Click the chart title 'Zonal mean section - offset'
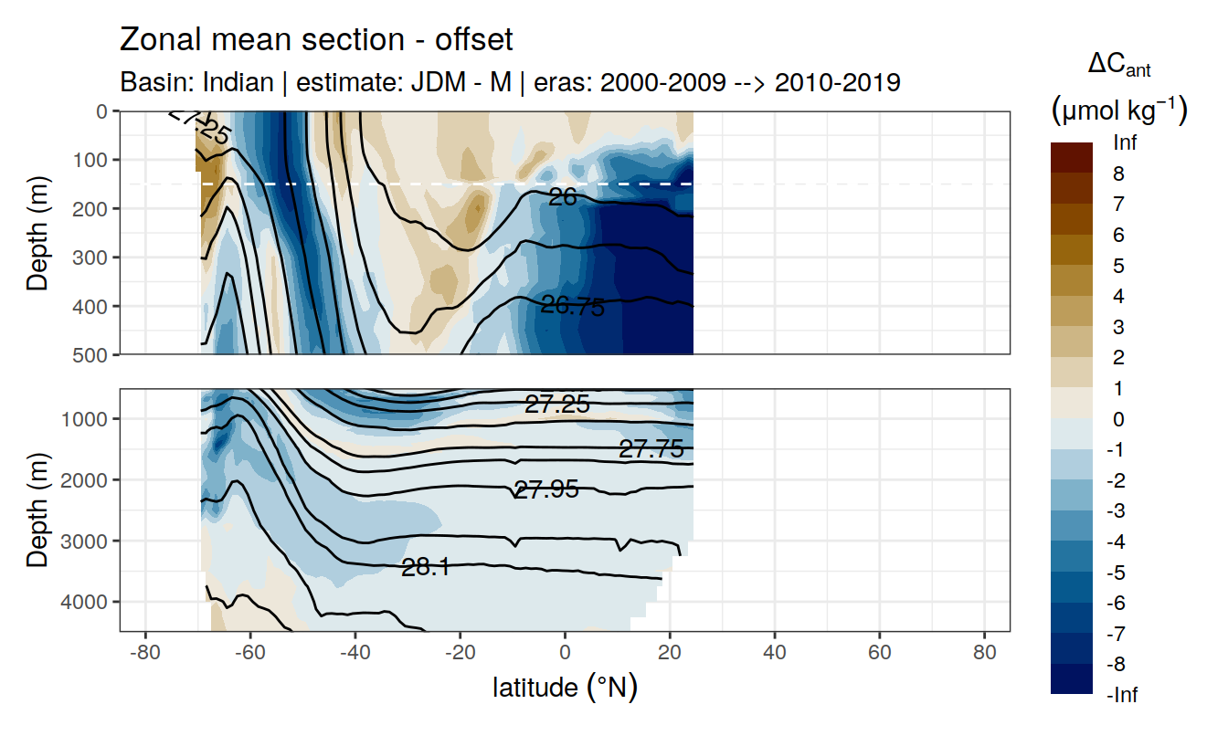[x=317, y=40]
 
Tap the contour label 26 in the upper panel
[x=563, y=195]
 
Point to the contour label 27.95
[x=545, y=489]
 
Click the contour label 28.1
[x=425, y=567]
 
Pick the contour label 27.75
[x=651, y=448]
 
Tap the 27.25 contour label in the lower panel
[x=556, y=404]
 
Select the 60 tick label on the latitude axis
[x=879, y=657]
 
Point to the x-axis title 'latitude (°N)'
[x=565, y=687]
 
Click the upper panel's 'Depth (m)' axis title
[x=37, y=233]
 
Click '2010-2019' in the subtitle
[x=837, y=82]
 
